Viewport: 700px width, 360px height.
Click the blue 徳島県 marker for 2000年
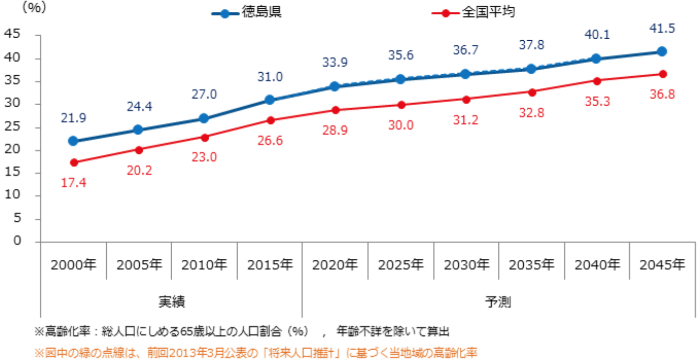73,141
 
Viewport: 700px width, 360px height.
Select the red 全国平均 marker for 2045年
662,74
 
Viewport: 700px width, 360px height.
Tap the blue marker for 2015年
270,100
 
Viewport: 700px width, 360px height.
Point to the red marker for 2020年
335,110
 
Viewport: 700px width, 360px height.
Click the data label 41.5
662,29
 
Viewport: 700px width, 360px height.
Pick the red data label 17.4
74,183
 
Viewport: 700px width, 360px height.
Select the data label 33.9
335,63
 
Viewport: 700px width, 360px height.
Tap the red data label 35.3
597,102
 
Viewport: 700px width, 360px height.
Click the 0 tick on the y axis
19,241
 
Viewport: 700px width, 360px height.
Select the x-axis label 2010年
204,265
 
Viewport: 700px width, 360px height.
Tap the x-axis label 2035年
531,265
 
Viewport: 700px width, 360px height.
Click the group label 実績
171,302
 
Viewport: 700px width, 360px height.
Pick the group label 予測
498,302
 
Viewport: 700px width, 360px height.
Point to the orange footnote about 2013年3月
256,353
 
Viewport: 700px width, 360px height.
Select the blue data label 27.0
204,94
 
